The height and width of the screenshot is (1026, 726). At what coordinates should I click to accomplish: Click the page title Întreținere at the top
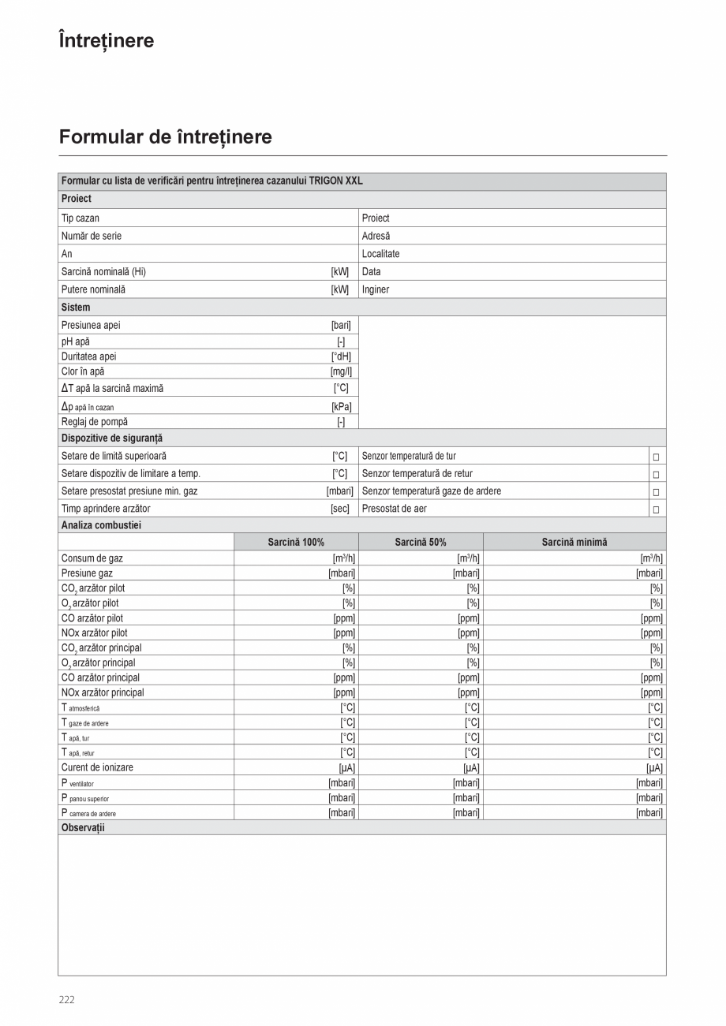pyautogui.click(x=107, y=40)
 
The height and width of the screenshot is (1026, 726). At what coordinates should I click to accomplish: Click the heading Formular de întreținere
pyautogui.click(x=165, y=137)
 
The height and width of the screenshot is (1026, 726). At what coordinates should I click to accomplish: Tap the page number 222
pyautogui.click(x=67, y=999)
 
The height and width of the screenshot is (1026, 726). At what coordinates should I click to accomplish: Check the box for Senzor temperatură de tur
pyautogui.click(x=655, y=457)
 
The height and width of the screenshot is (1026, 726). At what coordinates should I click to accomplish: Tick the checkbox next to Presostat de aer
pyautogui.click(x=655, y=509)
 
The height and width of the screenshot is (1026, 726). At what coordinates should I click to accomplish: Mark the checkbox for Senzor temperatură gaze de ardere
pyautogui.click(x=655, y=492)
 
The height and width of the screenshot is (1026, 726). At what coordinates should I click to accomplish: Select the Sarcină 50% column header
pyautogui.click(x=421, y=542)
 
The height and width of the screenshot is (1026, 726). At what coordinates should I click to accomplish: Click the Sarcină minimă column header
pyautogui.click(x=574, y=542)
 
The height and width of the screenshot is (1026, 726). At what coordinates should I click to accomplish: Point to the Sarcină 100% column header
pyautogui.click(x=296, y=542)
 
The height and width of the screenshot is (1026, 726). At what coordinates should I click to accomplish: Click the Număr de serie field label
pyautogui.click(x=92, y=236)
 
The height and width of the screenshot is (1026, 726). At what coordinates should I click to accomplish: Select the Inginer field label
pyautogui.click(x=376, y=289)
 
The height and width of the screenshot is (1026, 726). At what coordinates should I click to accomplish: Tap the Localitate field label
pyautogui.click(x=380, y=254)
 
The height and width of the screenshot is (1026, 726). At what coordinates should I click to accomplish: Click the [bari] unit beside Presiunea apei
pyautogui.click(x=341, y=325)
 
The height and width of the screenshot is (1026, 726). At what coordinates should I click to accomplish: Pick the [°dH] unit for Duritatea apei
pyautogui.click(x=341, y=356)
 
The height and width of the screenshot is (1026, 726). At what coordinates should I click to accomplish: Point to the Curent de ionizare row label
pyautogui.click(x=97, y=767)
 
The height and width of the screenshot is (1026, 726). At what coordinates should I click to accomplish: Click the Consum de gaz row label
pyautogui.click(x=92, y=558)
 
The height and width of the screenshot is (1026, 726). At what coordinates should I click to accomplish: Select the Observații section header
pyautogui.click(x=83, y=827)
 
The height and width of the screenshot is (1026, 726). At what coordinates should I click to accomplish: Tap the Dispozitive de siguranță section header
pyautogui.click(x=112, y=438)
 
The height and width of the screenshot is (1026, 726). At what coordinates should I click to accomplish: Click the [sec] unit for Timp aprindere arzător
pyautogui.click(x=339, y=509)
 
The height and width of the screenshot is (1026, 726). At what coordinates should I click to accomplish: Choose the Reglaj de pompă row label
pyautogui.click(x=95, y=422)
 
